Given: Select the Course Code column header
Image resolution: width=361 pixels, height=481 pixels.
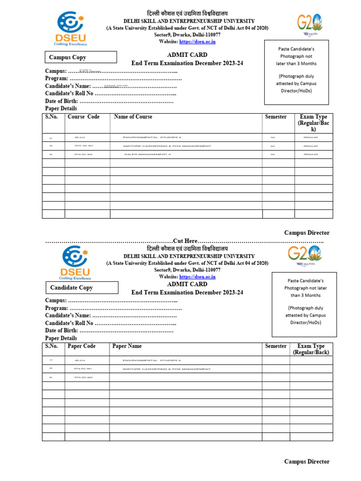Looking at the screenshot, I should click(84, 117).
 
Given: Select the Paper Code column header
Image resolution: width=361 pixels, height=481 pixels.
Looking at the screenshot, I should click(81, 346).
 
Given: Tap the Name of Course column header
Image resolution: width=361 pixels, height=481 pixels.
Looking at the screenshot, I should click(133, 117).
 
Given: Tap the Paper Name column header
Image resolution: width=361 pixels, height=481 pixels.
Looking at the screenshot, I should click(127, 346).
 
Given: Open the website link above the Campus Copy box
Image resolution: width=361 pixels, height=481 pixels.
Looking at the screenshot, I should click(198, 42).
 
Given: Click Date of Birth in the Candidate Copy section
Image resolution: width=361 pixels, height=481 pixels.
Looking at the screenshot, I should click(62, 331).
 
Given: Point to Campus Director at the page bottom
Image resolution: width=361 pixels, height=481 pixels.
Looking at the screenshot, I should click(306, 461).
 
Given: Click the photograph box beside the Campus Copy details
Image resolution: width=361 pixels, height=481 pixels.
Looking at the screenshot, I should click(296, 72).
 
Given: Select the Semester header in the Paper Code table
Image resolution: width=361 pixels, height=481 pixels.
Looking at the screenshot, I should click(275, 346).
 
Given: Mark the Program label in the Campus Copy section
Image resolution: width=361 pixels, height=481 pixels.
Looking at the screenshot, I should click(56, 78).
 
